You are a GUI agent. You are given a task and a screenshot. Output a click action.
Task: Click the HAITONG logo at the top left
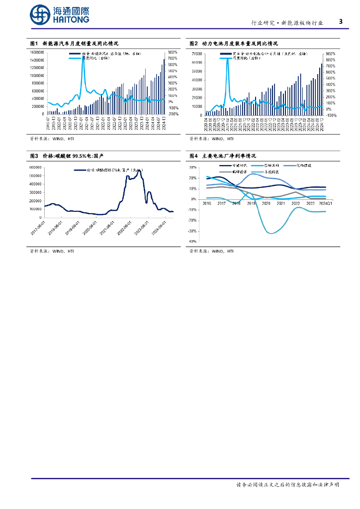[x=60, y=14]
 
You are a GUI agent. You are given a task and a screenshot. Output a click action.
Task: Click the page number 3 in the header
[x=341, y=21]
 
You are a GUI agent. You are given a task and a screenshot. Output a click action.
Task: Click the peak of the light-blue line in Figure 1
[x=83, y=56]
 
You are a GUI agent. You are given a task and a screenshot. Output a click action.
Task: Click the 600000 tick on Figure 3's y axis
[x=36, y=168]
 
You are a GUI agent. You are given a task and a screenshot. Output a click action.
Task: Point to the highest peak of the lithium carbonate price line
[x=138, y=170]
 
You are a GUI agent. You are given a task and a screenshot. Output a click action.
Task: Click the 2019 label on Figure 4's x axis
[x=251, y=203]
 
